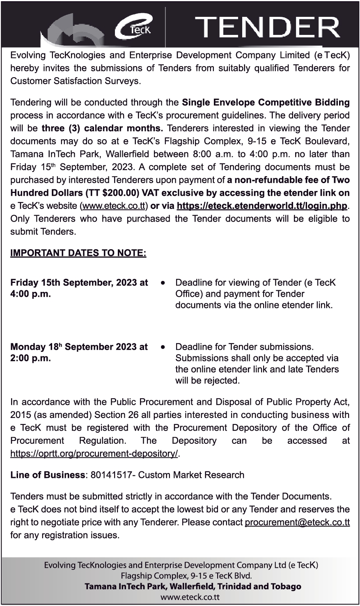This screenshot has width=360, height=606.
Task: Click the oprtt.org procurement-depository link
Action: coord(95,454)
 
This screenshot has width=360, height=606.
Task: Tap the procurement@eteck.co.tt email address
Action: coord(297,523)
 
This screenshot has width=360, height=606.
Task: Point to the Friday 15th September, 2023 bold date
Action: coord(79,282)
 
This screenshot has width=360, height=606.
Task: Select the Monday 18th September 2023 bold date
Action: coord(79,347)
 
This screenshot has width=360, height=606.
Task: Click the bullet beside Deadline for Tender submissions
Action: coord(163,347)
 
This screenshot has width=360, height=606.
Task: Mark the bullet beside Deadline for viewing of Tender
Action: coord(163,283)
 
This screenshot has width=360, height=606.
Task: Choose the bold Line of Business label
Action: coord(48,475)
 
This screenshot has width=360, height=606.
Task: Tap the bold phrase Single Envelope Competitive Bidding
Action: coord(266,102)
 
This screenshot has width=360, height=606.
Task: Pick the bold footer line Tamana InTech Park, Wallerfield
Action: coord(193,586)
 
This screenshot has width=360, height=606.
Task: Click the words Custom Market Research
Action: coord(191,475)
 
